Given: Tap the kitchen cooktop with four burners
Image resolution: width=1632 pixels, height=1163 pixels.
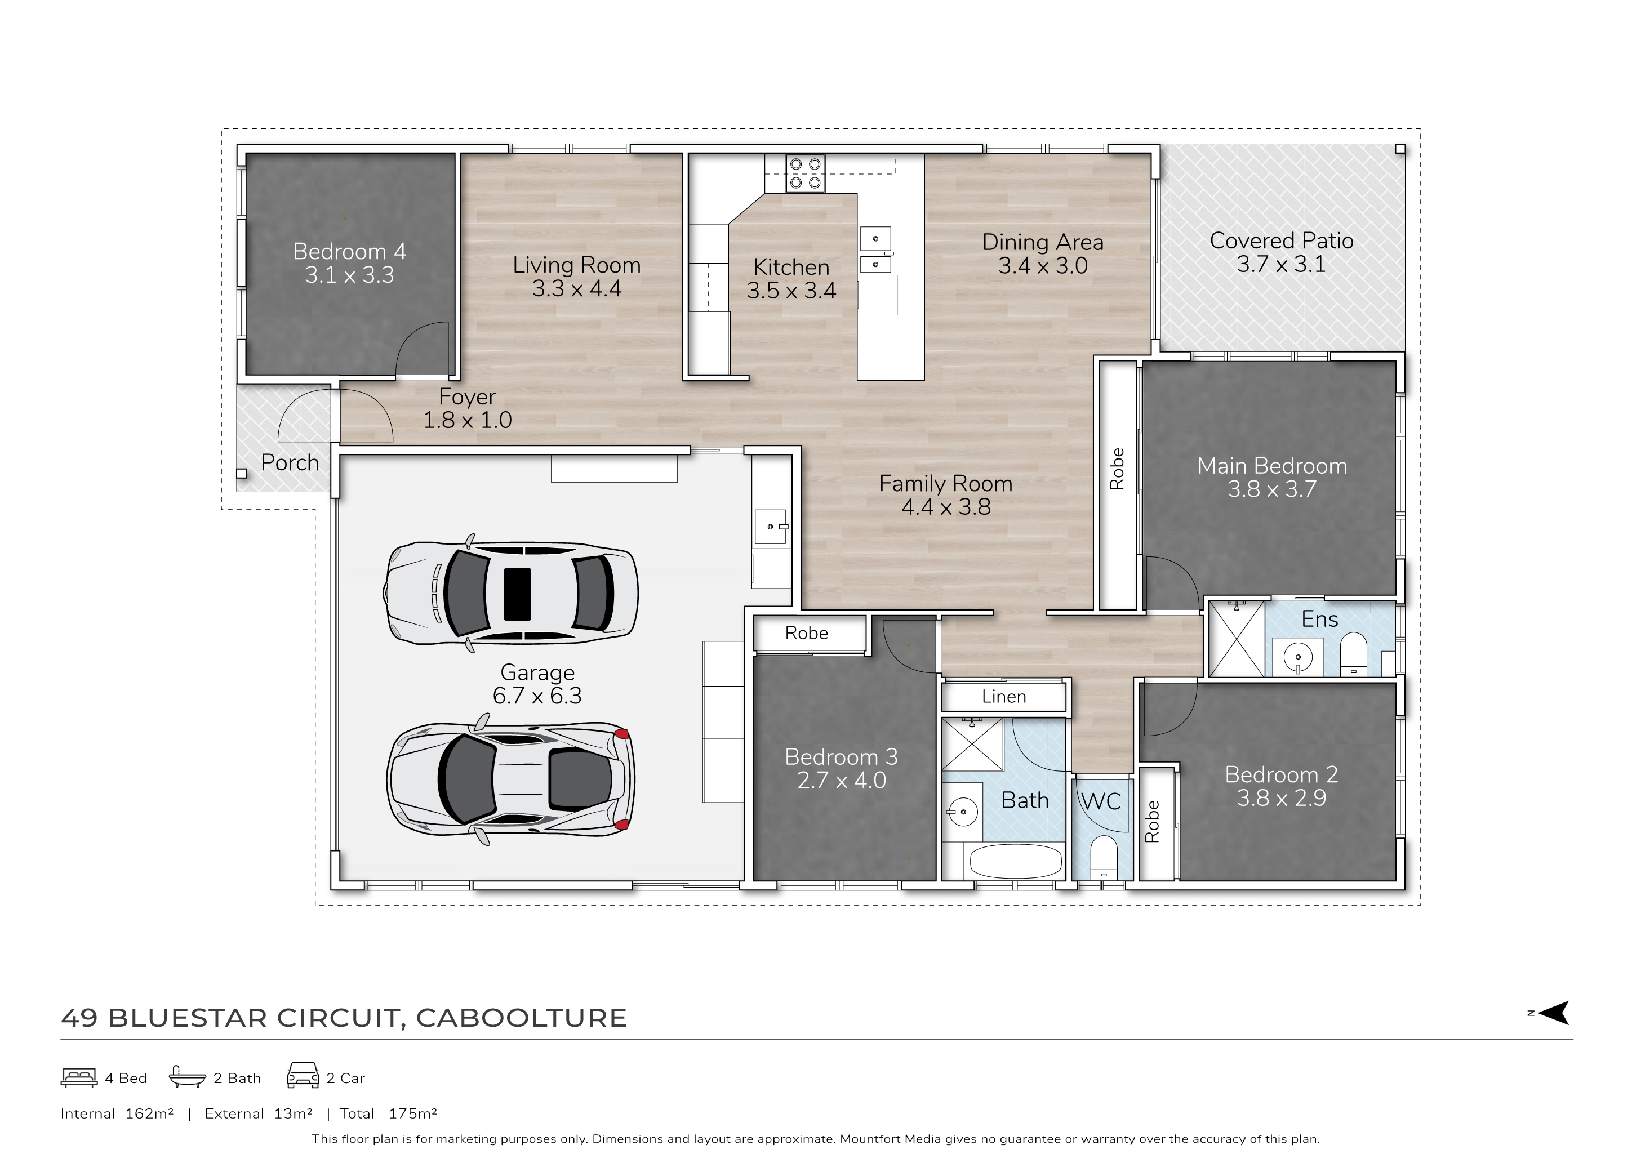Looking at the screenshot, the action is pyautogui.click(x=805, y=173).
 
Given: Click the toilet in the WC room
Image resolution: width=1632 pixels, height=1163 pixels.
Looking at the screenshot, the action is pyautogui.click(x=1104, y=858).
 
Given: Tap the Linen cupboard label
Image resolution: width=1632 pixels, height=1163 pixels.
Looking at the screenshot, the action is pyautogui.click(x=1003, y=697).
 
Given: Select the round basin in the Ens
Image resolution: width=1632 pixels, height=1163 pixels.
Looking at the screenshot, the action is pyautogui.click(x=1297, y=656).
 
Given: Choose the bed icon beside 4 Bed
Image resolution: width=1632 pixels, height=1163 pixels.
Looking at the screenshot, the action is pyautogui.click(x=79, y=1078).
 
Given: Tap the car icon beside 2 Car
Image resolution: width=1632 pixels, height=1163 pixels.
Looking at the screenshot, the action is pyautogui.click(x=303, y=1076).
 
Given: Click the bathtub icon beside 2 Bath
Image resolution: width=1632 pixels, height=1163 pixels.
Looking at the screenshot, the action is pyautogui.click(x=188, y=1076).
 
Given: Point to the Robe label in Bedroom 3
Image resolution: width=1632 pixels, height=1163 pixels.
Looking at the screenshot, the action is pyautogui.click(x=806, y=633).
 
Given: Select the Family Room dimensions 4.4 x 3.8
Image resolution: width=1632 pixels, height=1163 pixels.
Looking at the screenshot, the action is pyautogui.click(x=946, y=507).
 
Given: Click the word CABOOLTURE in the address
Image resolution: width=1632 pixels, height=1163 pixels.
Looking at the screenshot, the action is pyautogui.click(x=521, y=1018).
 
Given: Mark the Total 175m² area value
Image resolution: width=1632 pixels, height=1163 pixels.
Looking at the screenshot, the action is pyautogui.click(x=412, y=1113).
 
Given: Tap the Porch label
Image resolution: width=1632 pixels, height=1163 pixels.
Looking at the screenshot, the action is pyautogui.click(x=290, y=462).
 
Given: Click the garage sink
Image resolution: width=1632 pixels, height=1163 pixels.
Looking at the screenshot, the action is pyautogui.click(x=771, y=527).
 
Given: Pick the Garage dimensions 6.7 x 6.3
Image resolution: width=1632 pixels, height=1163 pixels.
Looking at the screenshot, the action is pyautogui.click(x=537, y=696).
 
